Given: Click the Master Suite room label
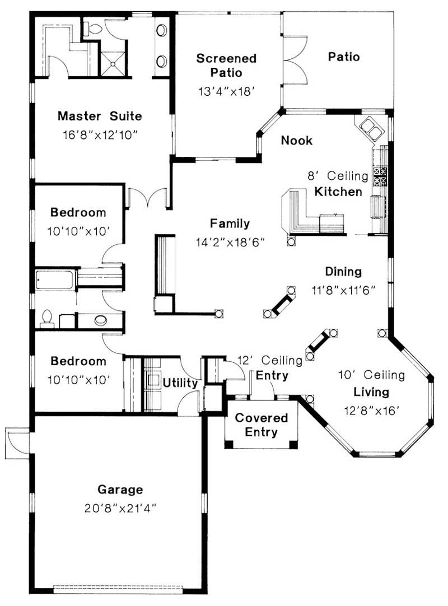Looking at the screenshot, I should (100, 116).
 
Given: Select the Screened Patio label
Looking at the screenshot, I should (226, 65).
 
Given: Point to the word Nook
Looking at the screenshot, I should (296, 141).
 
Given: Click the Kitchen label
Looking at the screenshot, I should (338, 192).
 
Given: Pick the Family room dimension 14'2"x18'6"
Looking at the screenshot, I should (230, 242).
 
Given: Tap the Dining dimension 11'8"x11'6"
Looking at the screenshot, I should (343, 290).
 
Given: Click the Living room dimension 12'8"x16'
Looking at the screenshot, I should (371, 410).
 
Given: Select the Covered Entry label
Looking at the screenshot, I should (262, 425).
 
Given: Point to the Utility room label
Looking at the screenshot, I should (180, 384).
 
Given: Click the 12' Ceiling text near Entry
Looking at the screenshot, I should (270, 360).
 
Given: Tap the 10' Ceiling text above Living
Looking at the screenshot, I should (371, 375).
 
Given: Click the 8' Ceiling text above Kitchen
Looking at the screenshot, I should (337, 176).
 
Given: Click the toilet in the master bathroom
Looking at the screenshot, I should (93, 28).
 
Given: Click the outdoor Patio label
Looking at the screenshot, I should (343, 57).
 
